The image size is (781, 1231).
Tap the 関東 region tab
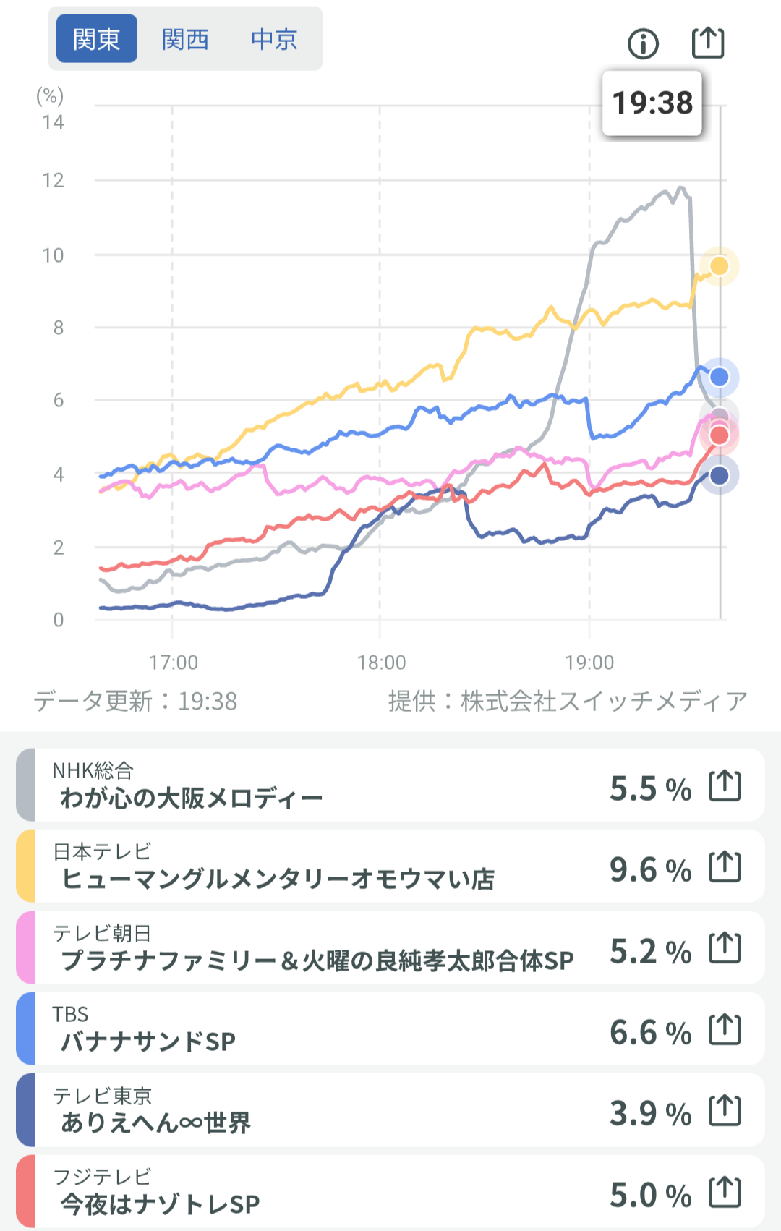pos(97,39)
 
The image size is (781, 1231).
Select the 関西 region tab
pos(185,39)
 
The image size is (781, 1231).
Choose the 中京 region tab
pos(274,39)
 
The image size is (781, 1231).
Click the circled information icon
pos(643,44)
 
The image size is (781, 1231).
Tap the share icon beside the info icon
pos(708,43)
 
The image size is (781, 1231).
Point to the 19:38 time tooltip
pos(652,103)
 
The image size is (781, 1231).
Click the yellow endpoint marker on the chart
pos(720,266)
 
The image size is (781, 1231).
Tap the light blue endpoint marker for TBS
pos(720,377)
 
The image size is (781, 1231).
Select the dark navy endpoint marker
pos(720,475)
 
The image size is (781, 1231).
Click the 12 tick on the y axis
pos(54,181)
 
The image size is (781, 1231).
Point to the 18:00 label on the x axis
pos(382,663)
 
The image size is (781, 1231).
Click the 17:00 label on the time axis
pos(174,663)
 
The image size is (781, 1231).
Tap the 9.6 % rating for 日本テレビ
pos(650,869)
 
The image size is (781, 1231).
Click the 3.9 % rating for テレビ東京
pos(650,1113)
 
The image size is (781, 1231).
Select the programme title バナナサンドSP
pos(148,1042)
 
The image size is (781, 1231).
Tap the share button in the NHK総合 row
pos(725,786)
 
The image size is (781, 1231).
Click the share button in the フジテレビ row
pos(725,1193)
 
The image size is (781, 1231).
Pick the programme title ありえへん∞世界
pos(155,1123)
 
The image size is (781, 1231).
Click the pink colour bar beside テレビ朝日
pos(26,947)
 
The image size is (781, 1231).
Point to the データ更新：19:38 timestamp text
pos(136,701)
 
